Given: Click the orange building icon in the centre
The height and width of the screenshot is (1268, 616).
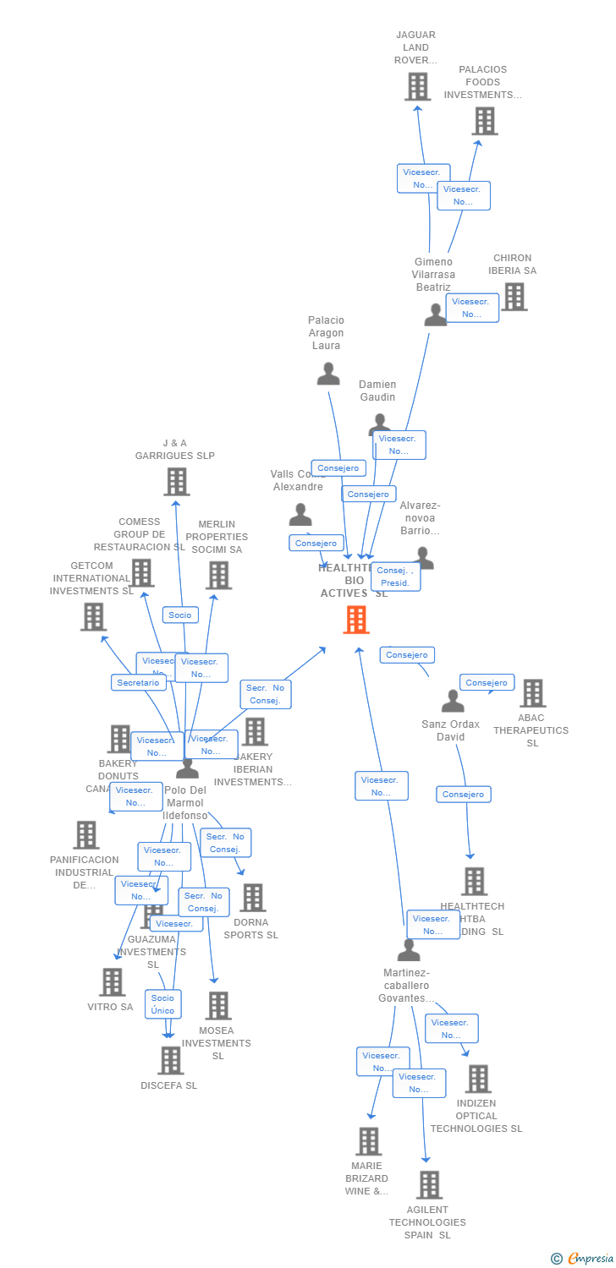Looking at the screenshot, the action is tap(356, 620).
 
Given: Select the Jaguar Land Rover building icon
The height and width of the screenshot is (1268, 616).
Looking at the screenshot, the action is tap(417, 86).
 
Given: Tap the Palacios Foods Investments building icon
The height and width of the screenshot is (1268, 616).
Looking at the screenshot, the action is tap(484, 121).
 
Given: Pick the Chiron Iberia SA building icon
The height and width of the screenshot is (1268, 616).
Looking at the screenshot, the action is tap(514, 297).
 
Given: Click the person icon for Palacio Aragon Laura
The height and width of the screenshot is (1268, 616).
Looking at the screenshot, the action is tap(328, 373).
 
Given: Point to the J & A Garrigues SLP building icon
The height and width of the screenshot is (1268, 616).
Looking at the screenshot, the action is tap(176, 482).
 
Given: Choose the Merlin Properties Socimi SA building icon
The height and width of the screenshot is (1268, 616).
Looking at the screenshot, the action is tap(218, 576).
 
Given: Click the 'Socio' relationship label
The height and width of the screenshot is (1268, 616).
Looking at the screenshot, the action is tap(180, 615).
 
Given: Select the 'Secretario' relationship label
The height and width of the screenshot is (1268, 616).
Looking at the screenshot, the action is tap(138, 682).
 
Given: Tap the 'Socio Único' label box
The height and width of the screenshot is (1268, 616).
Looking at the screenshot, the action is tap(162, 1004).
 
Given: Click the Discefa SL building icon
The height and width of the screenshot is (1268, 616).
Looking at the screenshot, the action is tap(171, 1060).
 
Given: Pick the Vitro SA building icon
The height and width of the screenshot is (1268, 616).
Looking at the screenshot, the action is tap(112, 982).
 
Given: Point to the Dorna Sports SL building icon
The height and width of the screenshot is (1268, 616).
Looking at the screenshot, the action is tap(252, 898).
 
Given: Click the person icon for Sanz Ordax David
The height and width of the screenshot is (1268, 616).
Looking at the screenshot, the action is tap(453, 701).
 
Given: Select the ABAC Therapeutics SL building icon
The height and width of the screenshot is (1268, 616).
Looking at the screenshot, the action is tap(532, 693).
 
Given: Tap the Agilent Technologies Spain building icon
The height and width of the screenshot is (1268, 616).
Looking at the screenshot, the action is tap(429, 1185).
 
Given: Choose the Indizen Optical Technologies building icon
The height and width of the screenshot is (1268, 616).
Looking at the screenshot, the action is tap(478, 1079).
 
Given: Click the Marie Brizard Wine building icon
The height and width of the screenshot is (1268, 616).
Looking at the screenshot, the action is tap(368, 1141).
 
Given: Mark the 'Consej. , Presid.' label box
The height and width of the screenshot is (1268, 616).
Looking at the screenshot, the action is tap(395, 577).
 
